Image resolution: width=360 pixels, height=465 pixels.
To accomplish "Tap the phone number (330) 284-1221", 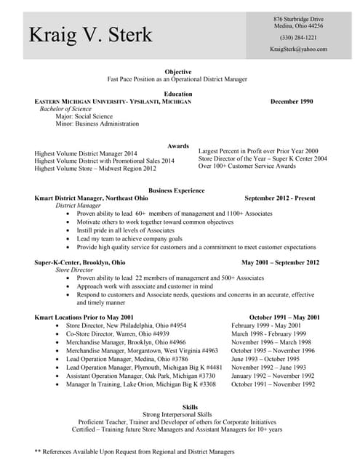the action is coord(298,37).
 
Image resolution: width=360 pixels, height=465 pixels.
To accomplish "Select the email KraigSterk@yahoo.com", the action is coord(298,49).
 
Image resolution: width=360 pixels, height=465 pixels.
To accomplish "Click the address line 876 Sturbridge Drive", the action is coord(298,18).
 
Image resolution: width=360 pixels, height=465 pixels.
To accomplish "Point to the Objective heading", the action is coord(178,72).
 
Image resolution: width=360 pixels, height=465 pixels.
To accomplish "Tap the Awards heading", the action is coord(178,146).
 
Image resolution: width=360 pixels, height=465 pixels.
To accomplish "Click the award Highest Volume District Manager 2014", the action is coord(86,154).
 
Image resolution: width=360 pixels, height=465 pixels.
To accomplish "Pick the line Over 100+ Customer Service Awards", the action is coord(247,166).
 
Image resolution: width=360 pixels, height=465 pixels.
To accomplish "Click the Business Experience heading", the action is coord(177,190).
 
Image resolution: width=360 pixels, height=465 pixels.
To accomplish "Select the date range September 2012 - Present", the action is coord(280,198).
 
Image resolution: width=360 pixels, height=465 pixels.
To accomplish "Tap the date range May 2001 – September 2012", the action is coord(280,262).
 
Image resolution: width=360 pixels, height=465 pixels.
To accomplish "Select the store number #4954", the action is coord(177,326).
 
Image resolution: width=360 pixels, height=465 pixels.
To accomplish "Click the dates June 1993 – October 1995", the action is coord(265,359).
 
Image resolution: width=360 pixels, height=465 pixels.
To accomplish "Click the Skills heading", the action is coord(178,407).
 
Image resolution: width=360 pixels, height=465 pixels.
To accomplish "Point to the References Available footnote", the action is coord(132,451).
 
